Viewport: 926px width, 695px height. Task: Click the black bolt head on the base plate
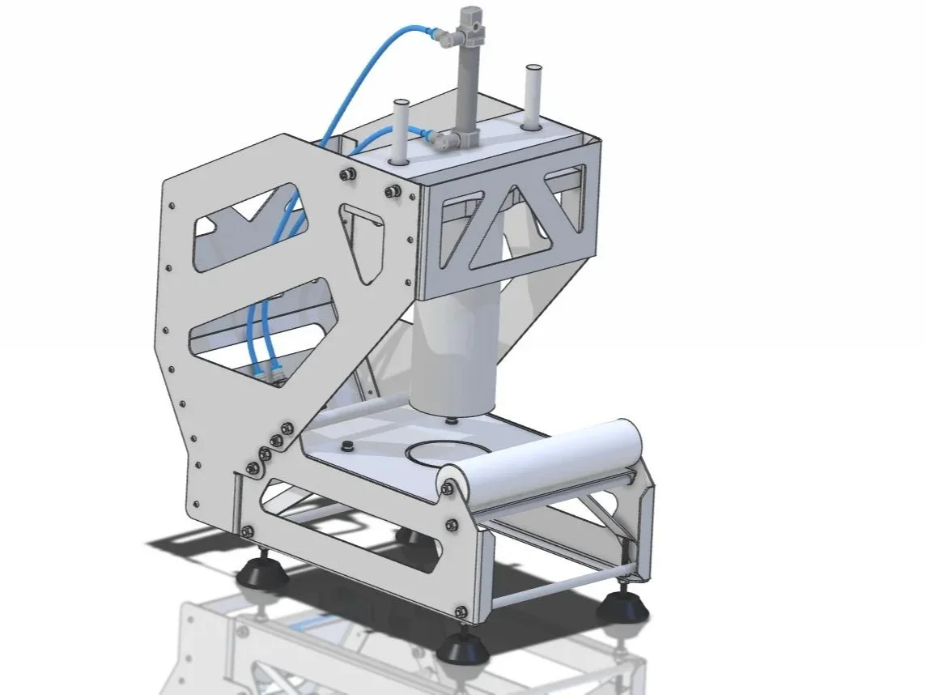349,446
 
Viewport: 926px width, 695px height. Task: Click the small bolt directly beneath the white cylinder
450,421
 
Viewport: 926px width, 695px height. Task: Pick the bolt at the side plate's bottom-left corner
246,531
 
